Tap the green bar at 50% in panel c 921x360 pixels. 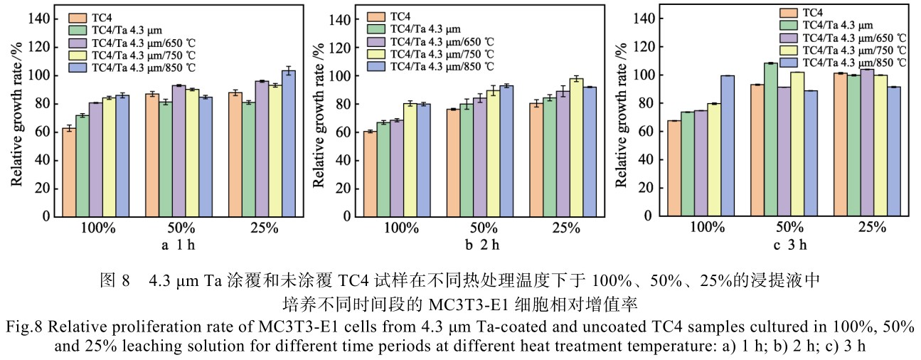[x=770, y=139]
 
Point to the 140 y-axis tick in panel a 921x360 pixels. [x=43, y=19]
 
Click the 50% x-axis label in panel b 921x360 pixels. [x=484, y=228]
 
